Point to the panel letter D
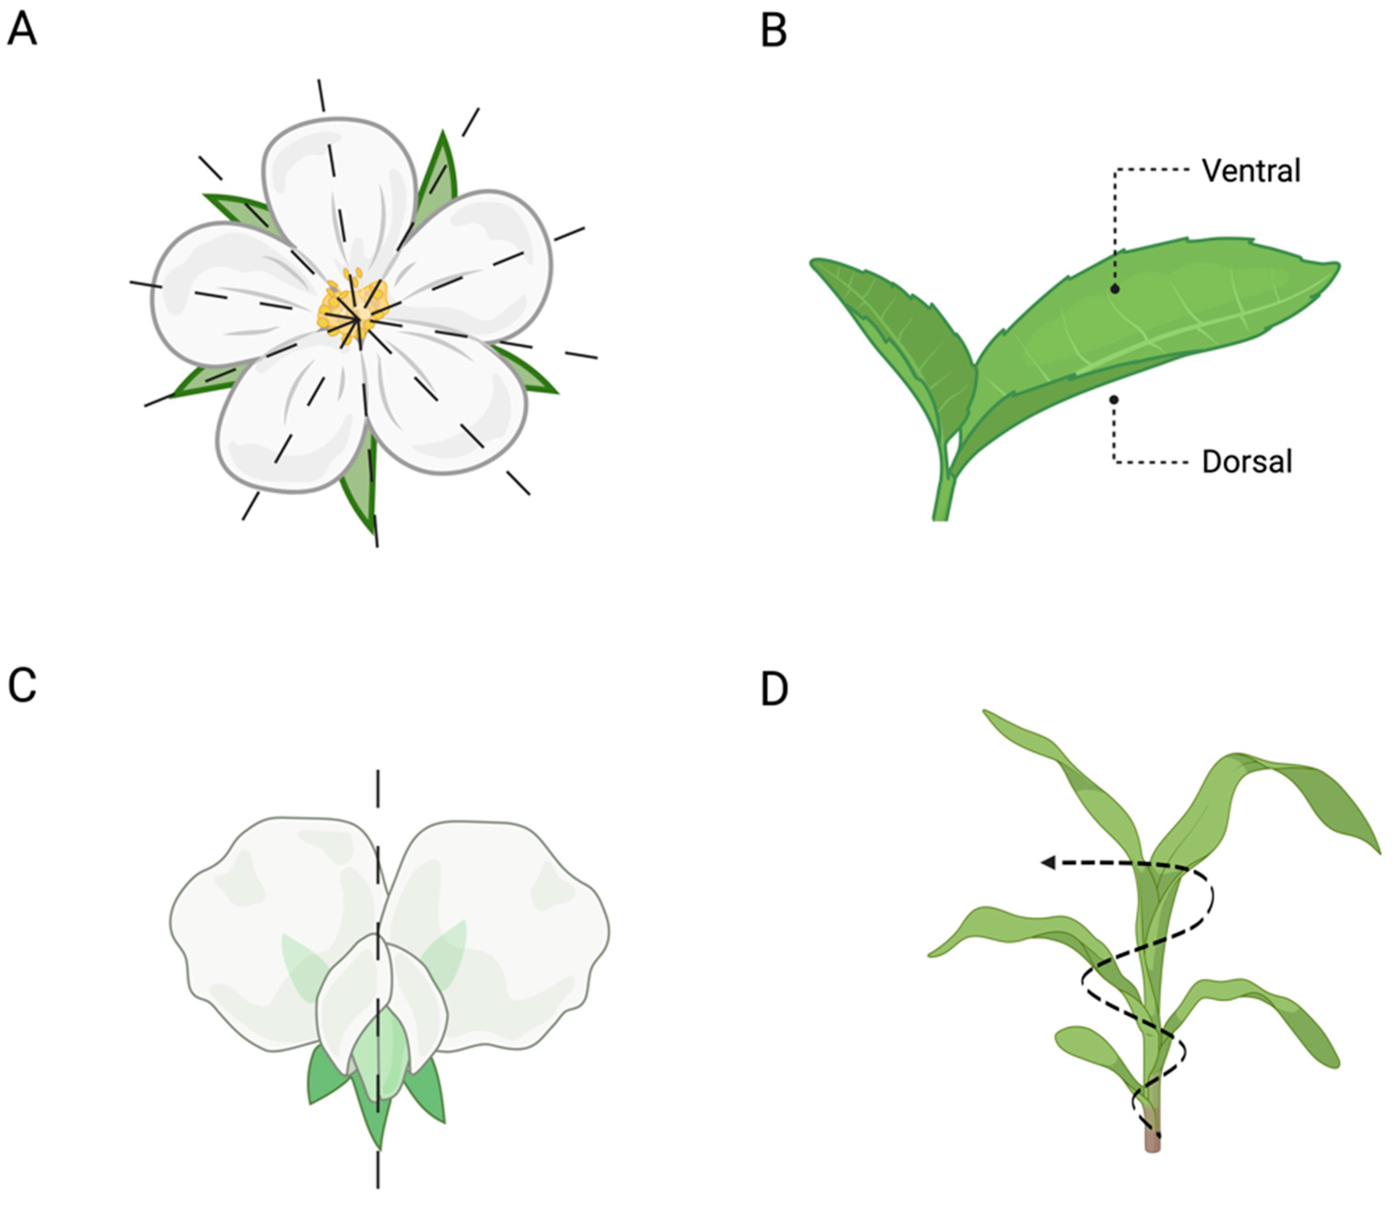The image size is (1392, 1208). click(x=774, y=689)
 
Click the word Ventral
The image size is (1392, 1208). click(x=1250, y=171)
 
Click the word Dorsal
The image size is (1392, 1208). click(x=1247, y=463)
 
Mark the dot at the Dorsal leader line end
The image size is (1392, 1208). click(x=1114, y=400)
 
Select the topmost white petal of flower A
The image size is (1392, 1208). click(x=337, y=182)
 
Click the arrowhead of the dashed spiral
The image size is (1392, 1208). click(x=1048, y=862)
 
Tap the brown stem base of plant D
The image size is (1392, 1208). click(x=1153, y=1140)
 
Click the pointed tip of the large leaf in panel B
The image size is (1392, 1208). click(x=1336, y=266)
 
